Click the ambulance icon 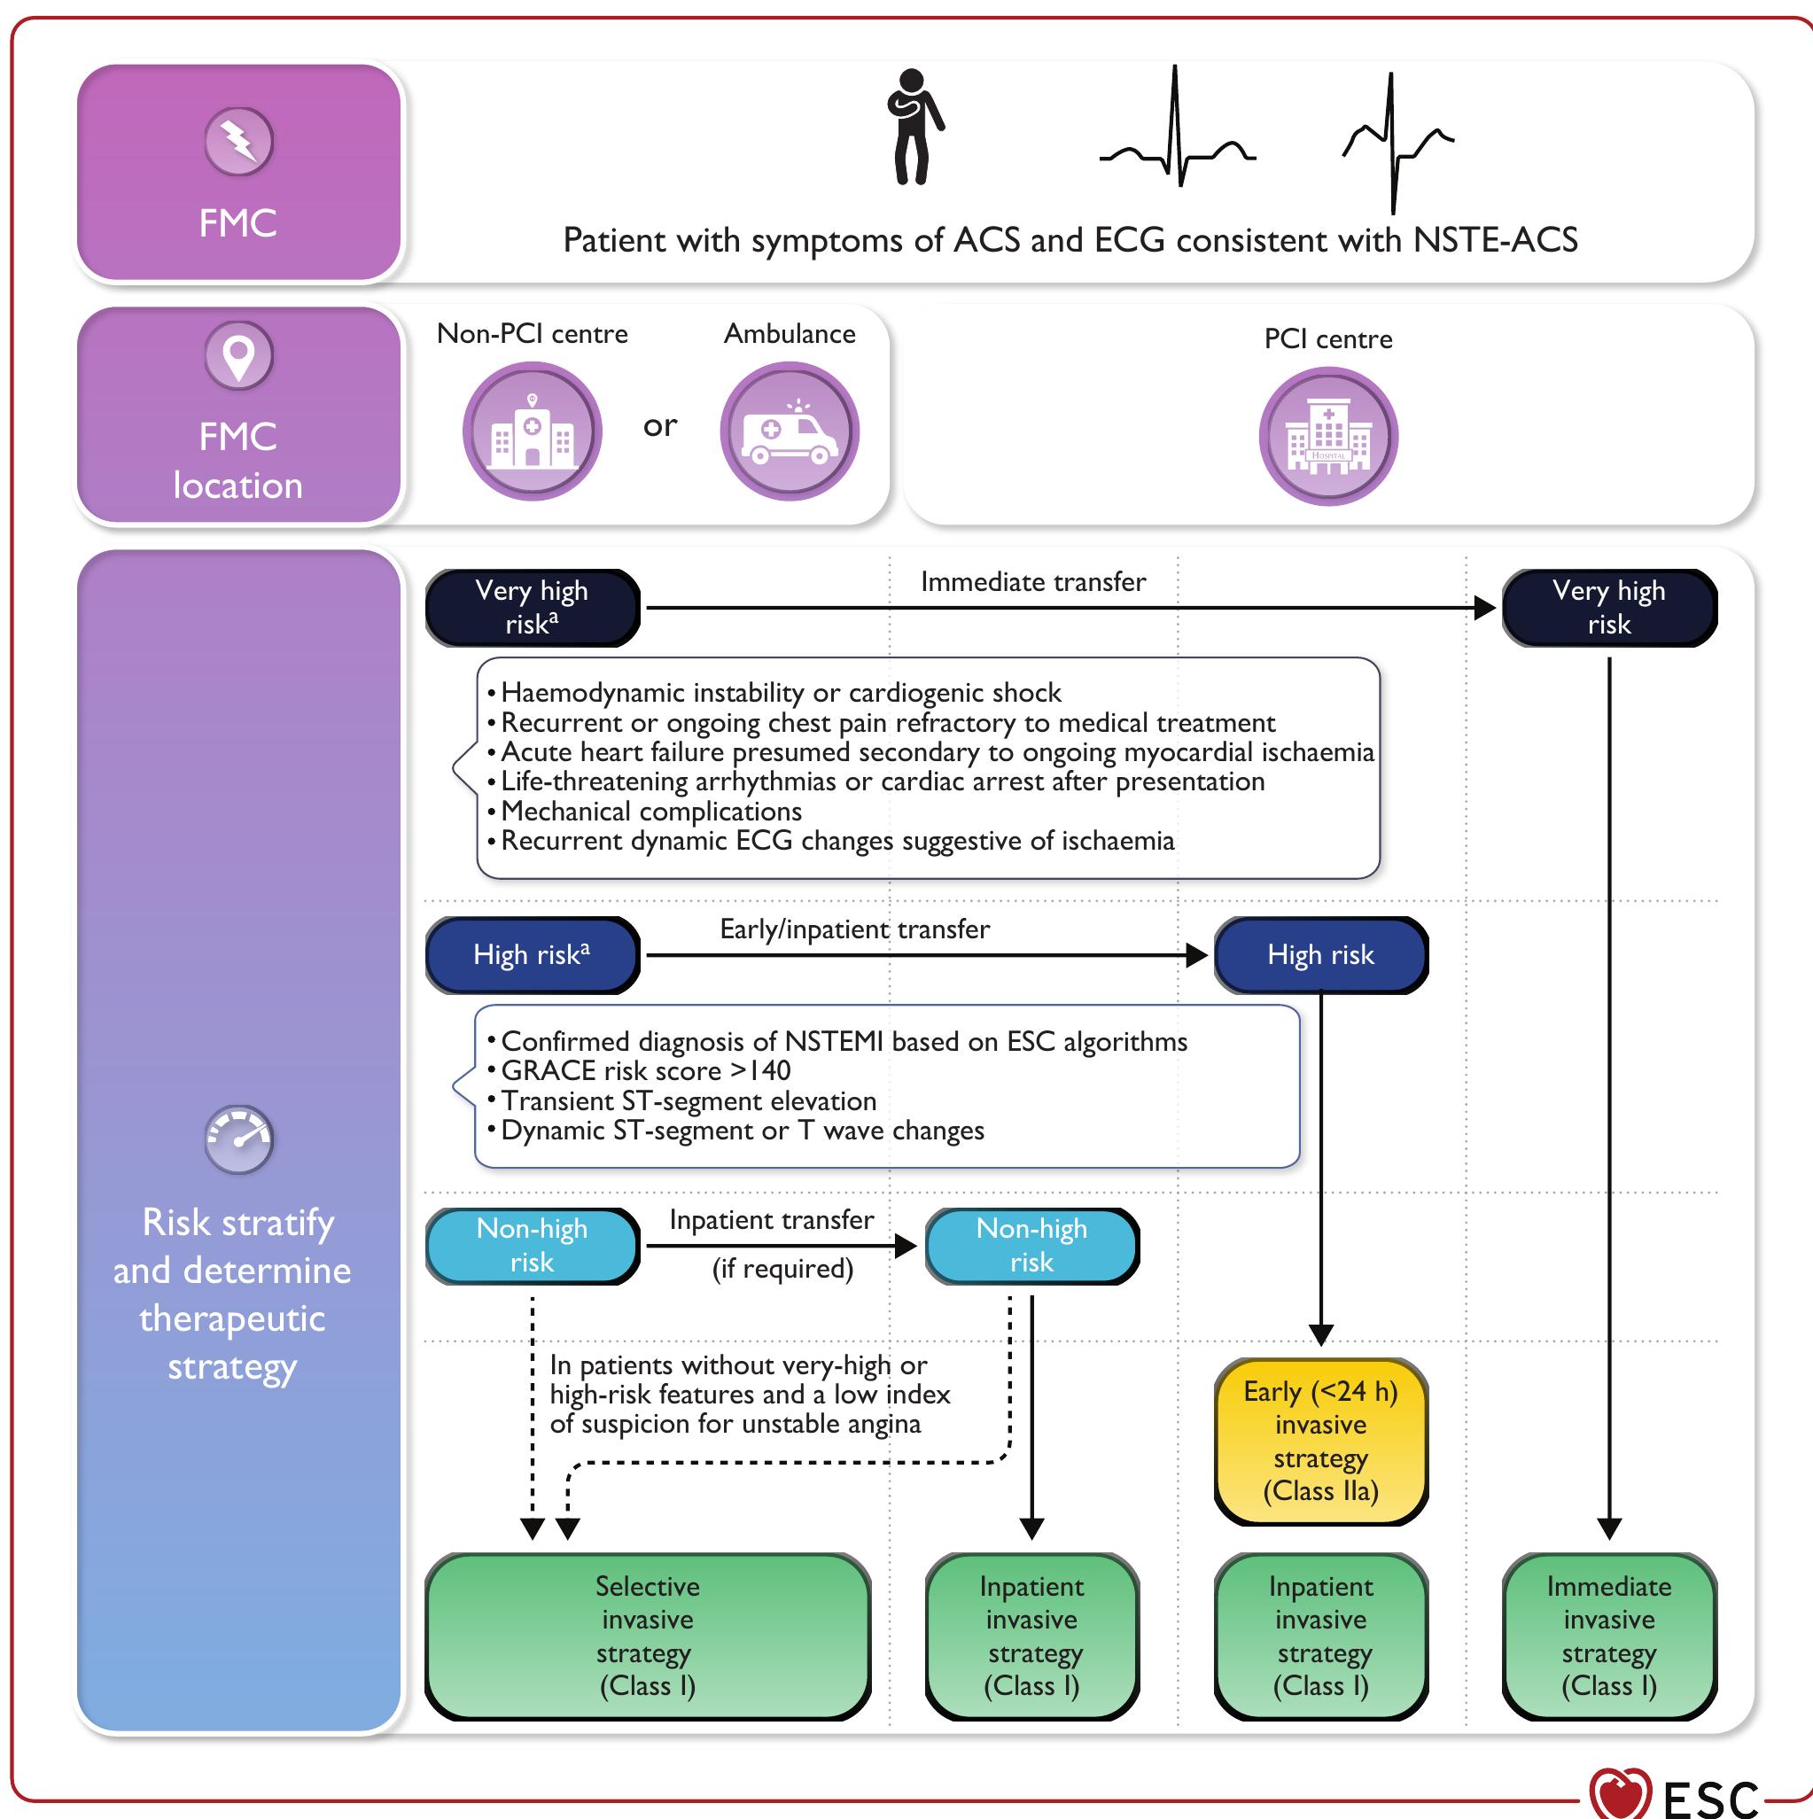(x=790, y=432)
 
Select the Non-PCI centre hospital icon (x=533, y=432)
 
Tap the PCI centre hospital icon (x=1328, y=437)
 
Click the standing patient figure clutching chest (x=913, y=127)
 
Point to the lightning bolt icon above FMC (x=239, y=142)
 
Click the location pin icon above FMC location (x=239, y=356)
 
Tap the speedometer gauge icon (x=239, y=1139)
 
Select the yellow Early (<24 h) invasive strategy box (x=1320, y=1441)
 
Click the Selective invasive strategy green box (x=647, y=1636)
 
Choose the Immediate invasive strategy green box (x=1608, y=1636)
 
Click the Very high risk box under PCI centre (x=1608, y=607)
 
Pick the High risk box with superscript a (x=533, y=955)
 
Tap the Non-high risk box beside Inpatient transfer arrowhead (x=1031, y=1245)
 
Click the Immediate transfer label (x=1033, y=582)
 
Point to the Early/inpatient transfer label (x=854, y=929)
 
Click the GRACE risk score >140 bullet (x=645, y=1070)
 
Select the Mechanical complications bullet (x=650, y=811)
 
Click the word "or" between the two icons (x=660, y=425)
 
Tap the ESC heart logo (x=1619, y=1793)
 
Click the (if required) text (x=782, y=1268)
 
